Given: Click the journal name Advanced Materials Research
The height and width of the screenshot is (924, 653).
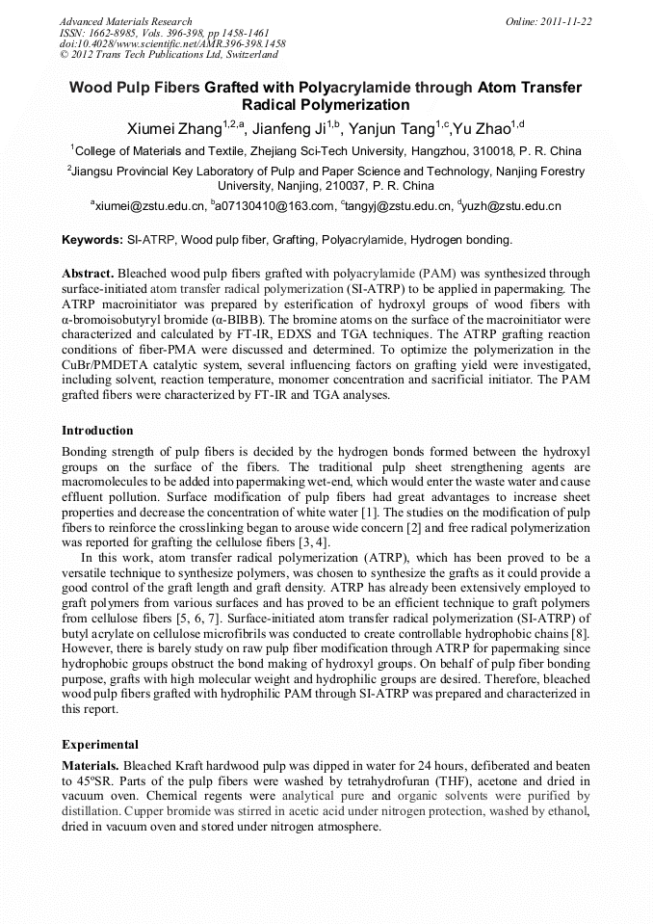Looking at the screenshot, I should pyautogui.click(x=125, y=21).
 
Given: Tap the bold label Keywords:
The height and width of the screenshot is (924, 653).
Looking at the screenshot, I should pyautogui.click(x=92, y=239).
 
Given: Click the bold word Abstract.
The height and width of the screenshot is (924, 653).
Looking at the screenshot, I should pyautogui.click(x=87, y=274).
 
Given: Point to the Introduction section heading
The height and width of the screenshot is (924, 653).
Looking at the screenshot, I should pyautogui.click(x=97, y=431).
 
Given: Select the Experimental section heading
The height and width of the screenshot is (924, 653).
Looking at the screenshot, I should pyautogui.click(x=100, y=745).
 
